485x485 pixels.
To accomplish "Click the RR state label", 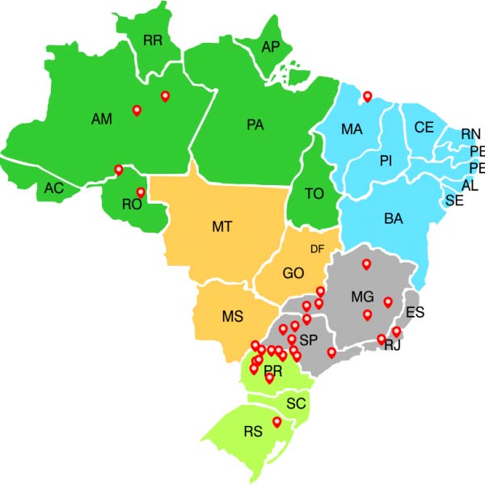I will (x=153, y=40).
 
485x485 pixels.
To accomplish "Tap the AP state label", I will (x=270, y=48).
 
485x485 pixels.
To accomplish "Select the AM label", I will (x=102, y=120).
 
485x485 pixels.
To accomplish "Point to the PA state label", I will (x=255, y=125).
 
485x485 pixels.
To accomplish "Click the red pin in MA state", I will (x=368, y=97).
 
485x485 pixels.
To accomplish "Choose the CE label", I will (x=424, y=128).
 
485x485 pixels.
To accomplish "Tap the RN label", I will (x=470, y=134).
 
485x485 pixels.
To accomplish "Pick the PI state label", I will (x=386, y=162).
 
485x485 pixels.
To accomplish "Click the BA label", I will (x=394, y=218).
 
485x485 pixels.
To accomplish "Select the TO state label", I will (x=315, y=195).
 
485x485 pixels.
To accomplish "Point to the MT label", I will (x=223, y=227).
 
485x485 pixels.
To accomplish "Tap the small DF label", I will (x=317, y=249).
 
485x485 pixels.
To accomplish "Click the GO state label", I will (x=293, y=273).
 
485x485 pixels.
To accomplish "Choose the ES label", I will (x=415, y=312).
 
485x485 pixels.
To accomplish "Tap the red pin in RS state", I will (x=276, y=423).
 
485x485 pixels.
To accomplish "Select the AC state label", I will (x=54, y=188).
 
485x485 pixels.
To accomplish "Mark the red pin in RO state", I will (x=141, y=192).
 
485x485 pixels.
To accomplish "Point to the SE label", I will (x=454, y=200).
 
